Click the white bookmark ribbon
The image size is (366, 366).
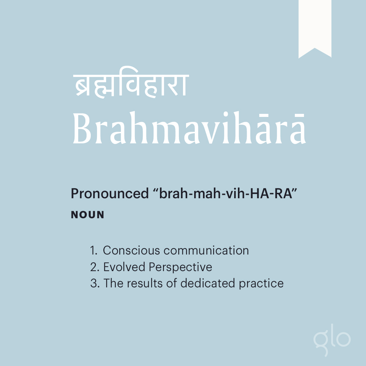pyautogui.click(x=315, y=26)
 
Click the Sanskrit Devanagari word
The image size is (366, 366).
pyautogui.click(x=131, y=85)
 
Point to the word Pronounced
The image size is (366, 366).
pyautogui.click(x=110, y=194)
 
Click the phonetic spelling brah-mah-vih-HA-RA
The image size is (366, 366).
pyautogui.click(x=225, y=194)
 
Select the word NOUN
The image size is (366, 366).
pyautogui.click(x=87, y=215)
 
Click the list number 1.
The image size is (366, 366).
pyautogui.click(x=94, y=250)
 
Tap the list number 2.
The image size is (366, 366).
pyautogui.click(x=95, y=267)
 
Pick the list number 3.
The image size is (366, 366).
pyautogui.click(x=95, y=283)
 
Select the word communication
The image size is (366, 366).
pyautogui.click(x=206, y=250)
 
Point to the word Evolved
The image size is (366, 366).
pyautogui.click(x=124, y=267)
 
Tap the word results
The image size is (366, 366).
pyautogui.click(x=145, y=283)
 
